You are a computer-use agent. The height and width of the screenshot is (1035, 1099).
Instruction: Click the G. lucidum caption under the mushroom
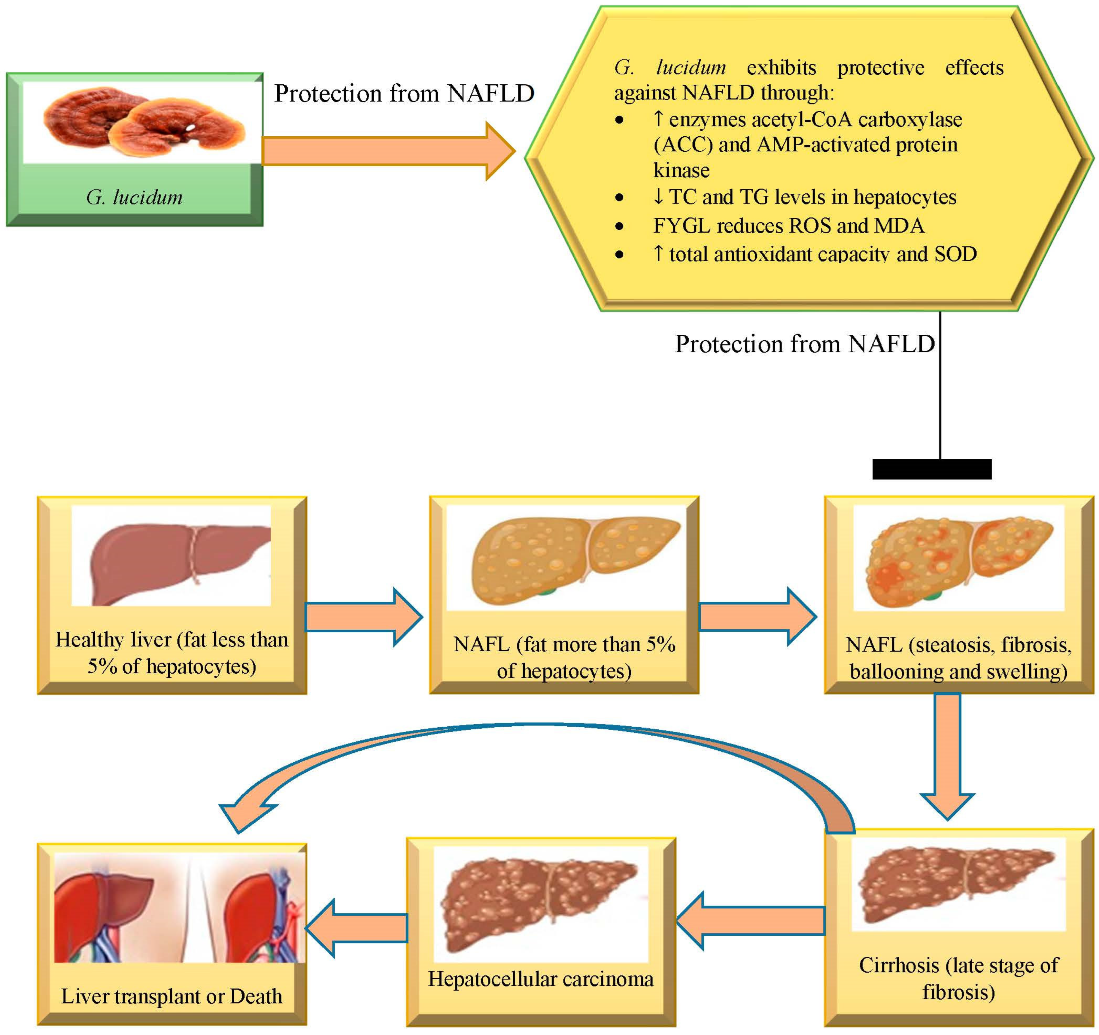pyautogui.click(x=134, y=197)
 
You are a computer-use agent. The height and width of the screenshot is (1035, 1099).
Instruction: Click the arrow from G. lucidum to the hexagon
pyautogui.click(x=387, y=151)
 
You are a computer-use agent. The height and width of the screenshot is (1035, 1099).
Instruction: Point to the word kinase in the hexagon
pyautogui.click(x=681, y=170)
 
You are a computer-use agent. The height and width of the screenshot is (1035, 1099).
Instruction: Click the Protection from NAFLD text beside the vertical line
pyautogui.click(x=804, y=344)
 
